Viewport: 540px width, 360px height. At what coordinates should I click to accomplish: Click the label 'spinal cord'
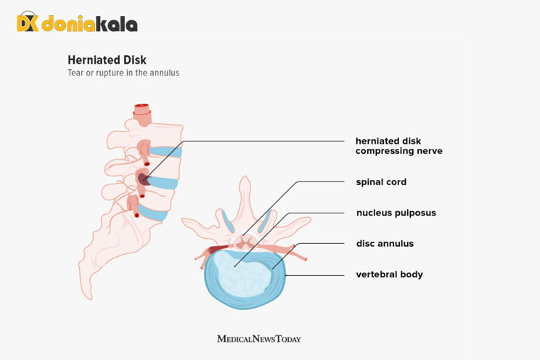coord(380,182)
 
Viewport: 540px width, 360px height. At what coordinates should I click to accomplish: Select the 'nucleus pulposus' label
coord(396,213)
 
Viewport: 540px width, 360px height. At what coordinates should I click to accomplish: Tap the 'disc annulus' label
coord(385,244)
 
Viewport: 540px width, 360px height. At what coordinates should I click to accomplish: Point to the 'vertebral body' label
coord(389,274)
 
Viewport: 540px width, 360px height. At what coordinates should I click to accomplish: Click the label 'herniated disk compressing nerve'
coord(398,146)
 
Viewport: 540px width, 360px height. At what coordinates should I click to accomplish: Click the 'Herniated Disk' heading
coord(107,60)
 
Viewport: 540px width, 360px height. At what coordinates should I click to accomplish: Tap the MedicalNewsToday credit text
coord(259,338)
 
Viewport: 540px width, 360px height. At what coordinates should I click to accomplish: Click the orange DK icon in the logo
coord(27,23)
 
